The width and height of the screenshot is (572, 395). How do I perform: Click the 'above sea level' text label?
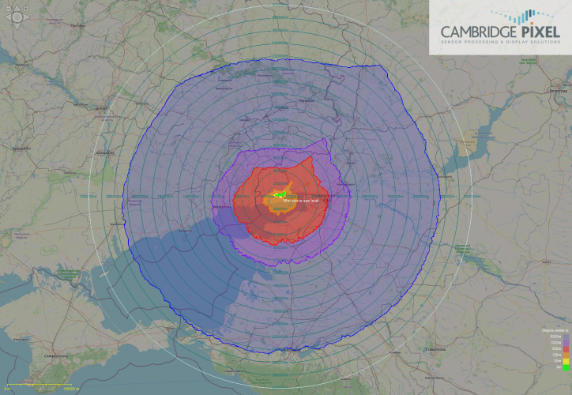[294, 200]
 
